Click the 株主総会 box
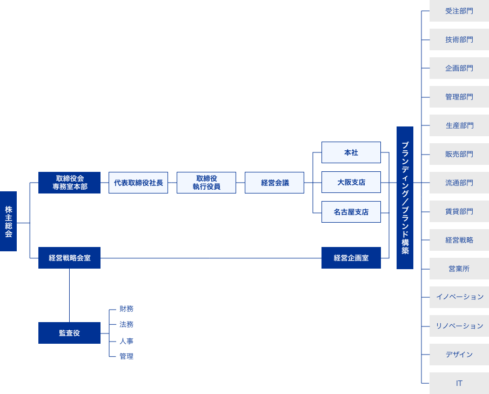tap(8, 221)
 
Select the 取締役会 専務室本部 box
tap(69, 183)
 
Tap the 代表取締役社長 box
tap(138, 183)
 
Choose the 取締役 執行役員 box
tap(206, 183)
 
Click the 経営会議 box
tap(274, 183)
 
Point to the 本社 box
tap(351, 152)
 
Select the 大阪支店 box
tap(351, 182)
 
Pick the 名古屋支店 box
tap(351, 212)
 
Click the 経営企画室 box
tap(351, 258)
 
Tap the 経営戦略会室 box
tap(69, 258)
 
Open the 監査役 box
tap(69, 333)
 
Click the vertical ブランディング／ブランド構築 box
tap(405, 197)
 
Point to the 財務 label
tap(126, 309)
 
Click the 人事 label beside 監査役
tap(126, 341)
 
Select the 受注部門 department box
tap(459, 11)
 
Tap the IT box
tap(459, 383)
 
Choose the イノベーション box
tap(459, 297)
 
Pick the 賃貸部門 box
tap(459, 211)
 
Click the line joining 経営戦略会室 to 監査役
tap(69, 295)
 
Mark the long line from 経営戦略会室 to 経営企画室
tap(211, 258)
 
